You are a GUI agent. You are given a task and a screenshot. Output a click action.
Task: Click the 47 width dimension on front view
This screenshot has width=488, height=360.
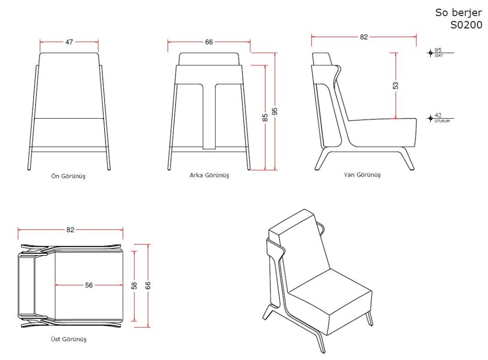pos(69,42)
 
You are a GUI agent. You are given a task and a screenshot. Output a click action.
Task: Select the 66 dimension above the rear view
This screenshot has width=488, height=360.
pos(209,42)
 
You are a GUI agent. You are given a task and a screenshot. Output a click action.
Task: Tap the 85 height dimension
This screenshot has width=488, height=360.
pos(265,117)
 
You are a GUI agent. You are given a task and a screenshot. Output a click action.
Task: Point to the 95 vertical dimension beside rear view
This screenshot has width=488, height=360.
pos(275,111)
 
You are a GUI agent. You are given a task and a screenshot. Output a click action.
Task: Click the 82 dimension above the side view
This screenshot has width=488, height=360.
pos(364,37)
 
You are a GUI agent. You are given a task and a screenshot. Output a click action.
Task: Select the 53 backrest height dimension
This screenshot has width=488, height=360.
pos(396,85)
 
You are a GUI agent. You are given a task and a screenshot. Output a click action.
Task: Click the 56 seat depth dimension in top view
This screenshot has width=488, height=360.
pos(89,285)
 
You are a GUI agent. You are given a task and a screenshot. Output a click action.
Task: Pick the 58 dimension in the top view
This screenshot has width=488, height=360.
pos(135,285)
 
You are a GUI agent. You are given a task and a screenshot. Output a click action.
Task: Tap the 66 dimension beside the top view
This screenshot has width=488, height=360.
pos(148,285)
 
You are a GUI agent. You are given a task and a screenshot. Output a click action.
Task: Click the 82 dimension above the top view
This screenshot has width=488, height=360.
pos(71,229)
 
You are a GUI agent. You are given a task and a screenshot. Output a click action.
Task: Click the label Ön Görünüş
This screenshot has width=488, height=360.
pos(69,176)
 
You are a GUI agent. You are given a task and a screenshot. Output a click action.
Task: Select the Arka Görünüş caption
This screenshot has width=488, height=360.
pos(209,175)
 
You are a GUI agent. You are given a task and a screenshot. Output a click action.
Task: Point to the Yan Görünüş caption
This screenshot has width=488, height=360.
pos(362,175)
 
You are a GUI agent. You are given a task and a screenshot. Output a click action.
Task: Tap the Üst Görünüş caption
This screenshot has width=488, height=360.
pos(69,340)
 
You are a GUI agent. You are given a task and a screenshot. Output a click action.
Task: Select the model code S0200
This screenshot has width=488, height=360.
pos(466,25)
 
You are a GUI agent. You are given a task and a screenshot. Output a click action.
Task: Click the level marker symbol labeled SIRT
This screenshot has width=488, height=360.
pos(430,52)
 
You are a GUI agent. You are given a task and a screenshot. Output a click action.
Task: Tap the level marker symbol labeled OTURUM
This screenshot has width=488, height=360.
pos(430,117)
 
